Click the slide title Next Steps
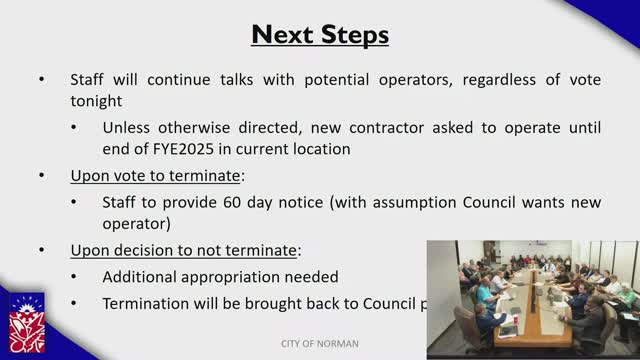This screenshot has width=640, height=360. [x=320, y=35]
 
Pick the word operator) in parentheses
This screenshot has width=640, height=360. [x=139, y=224]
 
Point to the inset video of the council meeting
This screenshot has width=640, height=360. [x=532, y=298]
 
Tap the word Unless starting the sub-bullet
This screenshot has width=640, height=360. [x=127, y=127]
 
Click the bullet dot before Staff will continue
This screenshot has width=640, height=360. [x=42, y=79]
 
